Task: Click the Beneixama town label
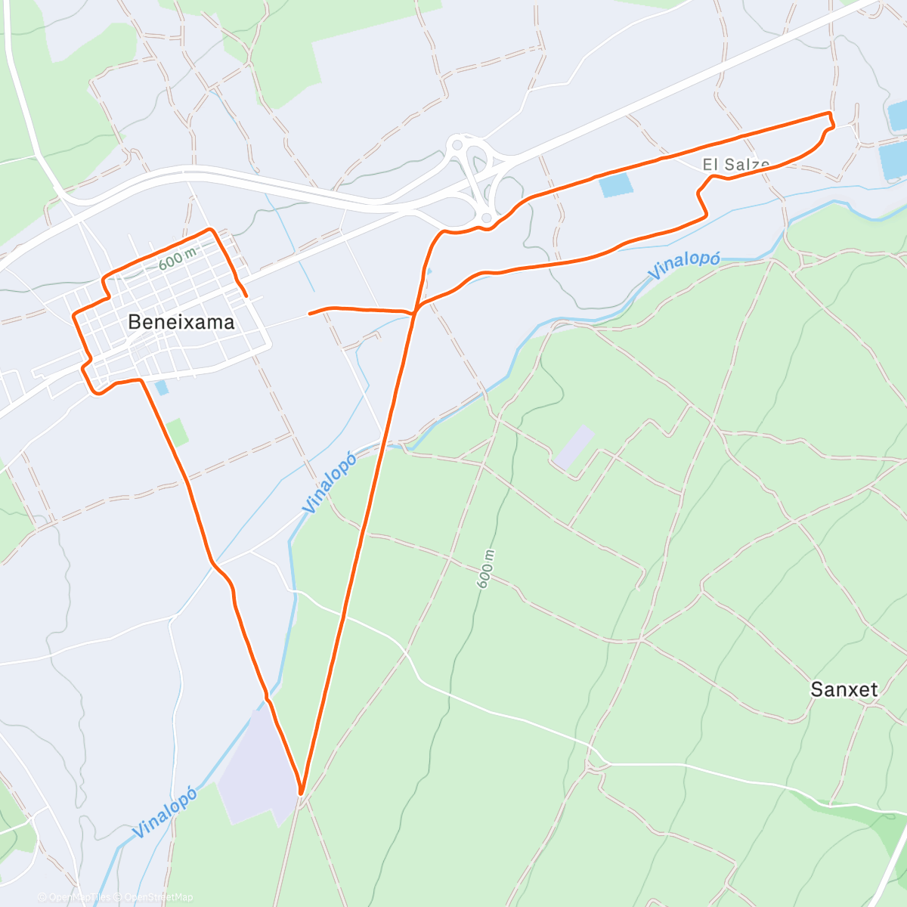tap(181, 322)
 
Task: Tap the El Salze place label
tap(735, 164)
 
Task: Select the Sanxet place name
tap(844, 689)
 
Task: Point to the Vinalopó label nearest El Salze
tap(683, 265)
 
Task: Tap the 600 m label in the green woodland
tap(486, 568)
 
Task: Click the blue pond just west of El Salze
tap(615, 185)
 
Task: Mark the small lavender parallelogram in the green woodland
tap(574, 446)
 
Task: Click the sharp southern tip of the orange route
tap(301, 793)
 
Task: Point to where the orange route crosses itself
tap(415, 311)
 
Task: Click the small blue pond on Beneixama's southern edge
tap(161, 388)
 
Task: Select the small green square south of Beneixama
tap(178, 432)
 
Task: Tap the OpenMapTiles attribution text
tap(76, 897)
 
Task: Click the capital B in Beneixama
tap(134, 322)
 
